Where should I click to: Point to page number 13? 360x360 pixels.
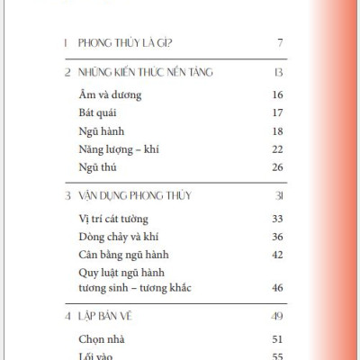pos(278,72)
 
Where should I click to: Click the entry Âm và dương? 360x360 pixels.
pos(106,94)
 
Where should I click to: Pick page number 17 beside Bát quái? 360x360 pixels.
pos(278,112)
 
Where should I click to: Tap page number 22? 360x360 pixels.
pos(278,148)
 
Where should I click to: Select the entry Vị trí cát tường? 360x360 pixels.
pos(111,219)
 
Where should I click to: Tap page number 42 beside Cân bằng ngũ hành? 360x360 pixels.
pos(278,255)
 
